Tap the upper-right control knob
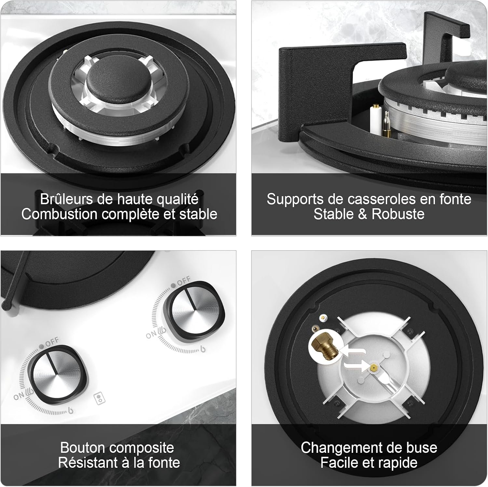[194, 311]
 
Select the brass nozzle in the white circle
[324, 346]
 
